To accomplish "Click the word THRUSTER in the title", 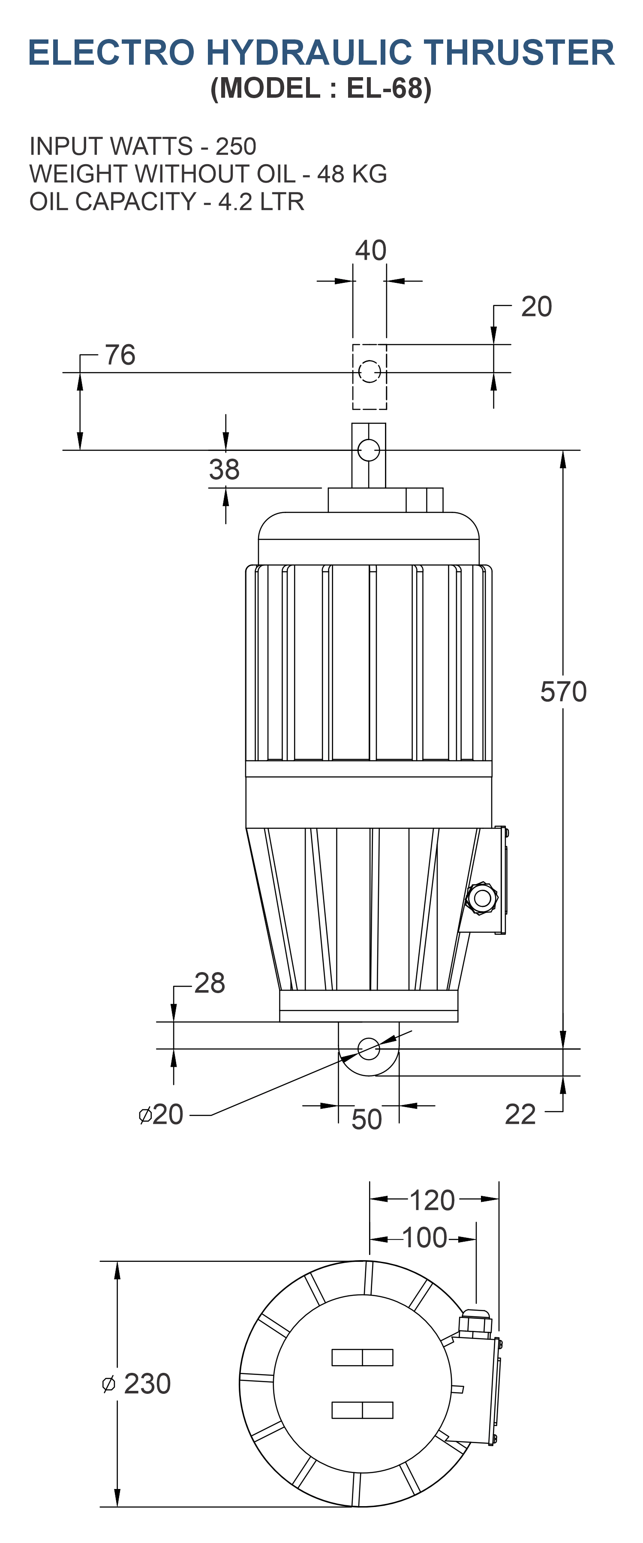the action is (519, 53).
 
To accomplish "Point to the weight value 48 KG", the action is (352, 174).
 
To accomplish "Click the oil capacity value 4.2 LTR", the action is (261, 201).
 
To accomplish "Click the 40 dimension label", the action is (370, 250).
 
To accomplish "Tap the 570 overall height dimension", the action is (563, 691).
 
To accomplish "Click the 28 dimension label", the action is (210, 983).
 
